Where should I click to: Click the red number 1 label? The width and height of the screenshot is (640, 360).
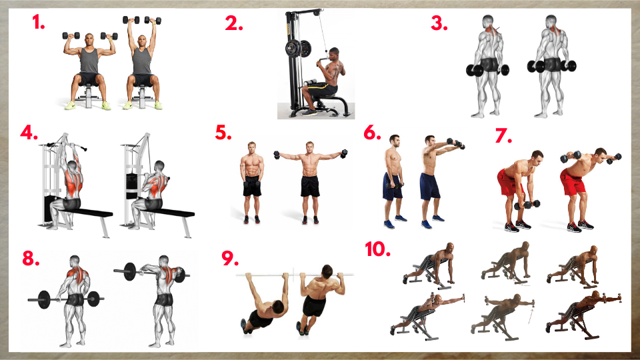click(x=39, y=22)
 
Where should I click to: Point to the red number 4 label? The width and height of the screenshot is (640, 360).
click(x=29, y=133)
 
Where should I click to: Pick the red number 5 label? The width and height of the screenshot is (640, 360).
click(x=223, y=133)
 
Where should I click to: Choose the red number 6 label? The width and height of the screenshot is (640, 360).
click(x=372, y=133)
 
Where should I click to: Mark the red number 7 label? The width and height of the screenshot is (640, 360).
click(x=503, y=135)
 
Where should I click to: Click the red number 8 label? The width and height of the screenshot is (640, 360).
click(x=31, y=258)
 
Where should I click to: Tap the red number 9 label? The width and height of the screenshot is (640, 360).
click(x=230, y=258)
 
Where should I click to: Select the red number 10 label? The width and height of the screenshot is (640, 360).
click(x=377, y=249)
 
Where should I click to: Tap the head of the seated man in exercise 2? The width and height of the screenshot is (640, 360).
click(x=334, y=53)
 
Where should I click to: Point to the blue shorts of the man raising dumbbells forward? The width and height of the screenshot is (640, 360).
click(x=430, y=186)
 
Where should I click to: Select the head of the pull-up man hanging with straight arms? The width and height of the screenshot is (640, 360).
click(x=279, y=306)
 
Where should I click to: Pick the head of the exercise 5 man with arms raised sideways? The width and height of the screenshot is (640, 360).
click(x=310, y=147)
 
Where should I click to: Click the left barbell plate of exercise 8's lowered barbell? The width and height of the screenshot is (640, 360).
click(x=44, y=299)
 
